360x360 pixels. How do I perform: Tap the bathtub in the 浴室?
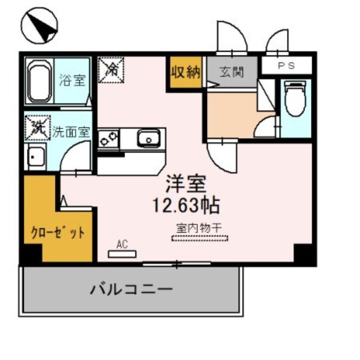coord(39,81)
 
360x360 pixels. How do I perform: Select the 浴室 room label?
coord(72,80)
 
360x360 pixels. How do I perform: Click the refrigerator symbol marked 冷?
coord(111,70)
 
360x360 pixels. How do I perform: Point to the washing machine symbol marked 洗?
coord(38,127)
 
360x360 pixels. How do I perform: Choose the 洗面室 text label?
coord(71,132)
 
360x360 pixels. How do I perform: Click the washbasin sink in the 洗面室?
coord(36,157)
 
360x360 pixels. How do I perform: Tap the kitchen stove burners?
coord(108,139)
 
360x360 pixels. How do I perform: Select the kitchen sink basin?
coord(148,139)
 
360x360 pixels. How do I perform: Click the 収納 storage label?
coord(186,72)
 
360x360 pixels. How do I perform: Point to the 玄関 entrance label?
coord(232,72)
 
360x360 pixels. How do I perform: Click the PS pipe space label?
coord(286,66)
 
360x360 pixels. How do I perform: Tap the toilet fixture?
coord(295,98)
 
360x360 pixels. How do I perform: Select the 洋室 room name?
coord(186,184)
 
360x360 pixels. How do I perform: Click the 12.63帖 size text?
coord(186,205)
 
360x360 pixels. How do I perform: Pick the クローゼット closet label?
coord(58,233)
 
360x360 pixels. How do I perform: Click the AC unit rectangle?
coord(122,254)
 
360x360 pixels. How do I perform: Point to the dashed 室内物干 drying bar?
coord(200,238)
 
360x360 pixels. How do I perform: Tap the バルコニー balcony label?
coord(131,288)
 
